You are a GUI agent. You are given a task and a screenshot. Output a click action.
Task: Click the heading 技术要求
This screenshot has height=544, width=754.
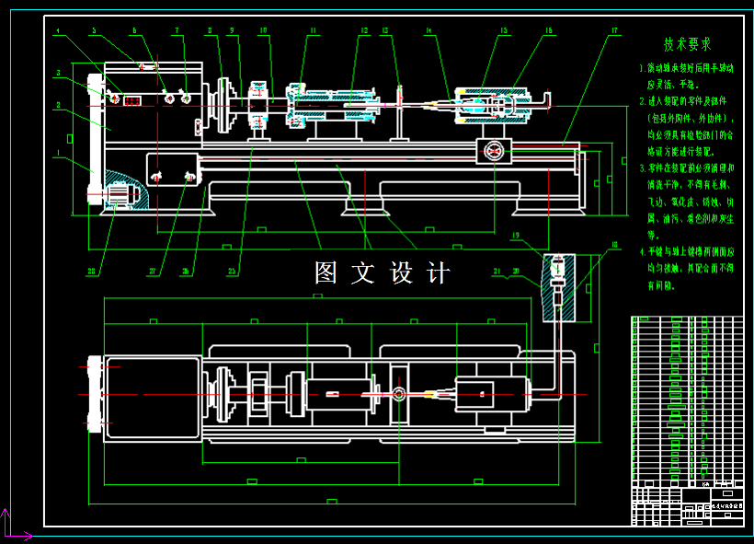[688, 44]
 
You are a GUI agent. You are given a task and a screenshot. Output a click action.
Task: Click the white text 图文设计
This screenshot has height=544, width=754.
[383, 273]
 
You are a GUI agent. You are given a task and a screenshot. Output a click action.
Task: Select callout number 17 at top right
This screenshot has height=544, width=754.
[614, 31]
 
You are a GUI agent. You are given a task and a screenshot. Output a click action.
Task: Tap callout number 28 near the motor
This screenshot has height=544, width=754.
[92, 272]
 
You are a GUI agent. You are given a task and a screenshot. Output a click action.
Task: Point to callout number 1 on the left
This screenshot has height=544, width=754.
[57, 153]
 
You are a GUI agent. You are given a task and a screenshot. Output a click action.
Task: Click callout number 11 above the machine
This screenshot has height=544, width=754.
[313, 31]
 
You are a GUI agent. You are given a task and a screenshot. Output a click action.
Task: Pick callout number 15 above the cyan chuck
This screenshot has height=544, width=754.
[504, 31]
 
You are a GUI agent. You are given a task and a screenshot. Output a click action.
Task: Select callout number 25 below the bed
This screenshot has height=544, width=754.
[232, 272]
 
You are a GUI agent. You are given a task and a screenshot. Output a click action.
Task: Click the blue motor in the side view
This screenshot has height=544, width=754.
[122, 195]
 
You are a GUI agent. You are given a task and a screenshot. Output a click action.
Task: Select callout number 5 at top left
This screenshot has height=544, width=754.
[93, 31]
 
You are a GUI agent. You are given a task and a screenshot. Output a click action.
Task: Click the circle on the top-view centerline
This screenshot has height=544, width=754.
[400, 394]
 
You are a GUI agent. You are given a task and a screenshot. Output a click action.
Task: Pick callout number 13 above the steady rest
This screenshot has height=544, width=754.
[385, 31]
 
